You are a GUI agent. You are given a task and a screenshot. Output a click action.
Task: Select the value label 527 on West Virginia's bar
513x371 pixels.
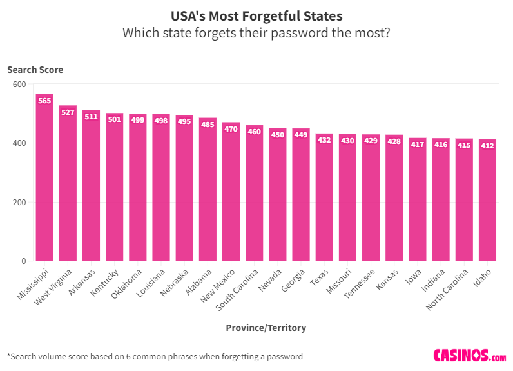tap(68, 112)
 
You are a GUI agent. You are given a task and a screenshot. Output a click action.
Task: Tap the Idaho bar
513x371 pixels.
tap(487, 200)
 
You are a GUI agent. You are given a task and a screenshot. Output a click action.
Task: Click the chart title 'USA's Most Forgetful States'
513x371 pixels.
tap(256, 15)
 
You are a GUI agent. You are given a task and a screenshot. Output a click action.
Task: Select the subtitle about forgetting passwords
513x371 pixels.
tap(256, 33)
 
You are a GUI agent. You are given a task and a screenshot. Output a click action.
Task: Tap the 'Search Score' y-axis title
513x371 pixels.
tap(35, 70)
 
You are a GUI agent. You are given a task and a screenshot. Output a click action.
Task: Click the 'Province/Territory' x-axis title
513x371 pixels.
tap(266, 328)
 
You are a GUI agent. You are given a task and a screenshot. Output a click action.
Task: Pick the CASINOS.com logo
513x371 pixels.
tap(469, 356)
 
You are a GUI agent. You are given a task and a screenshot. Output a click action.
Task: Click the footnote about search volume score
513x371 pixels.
tap(155, 356)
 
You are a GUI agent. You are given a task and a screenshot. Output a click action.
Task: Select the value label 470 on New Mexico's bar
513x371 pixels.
tap(231, 129)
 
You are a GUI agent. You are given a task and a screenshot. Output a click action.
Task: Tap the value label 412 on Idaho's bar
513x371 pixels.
tap(487, 146)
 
